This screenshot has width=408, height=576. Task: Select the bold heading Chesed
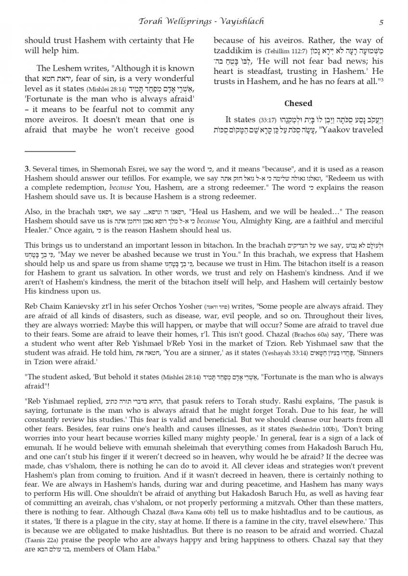pos(298,103)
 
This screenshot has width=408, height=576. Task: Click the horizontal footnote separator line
pos(50,152)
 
